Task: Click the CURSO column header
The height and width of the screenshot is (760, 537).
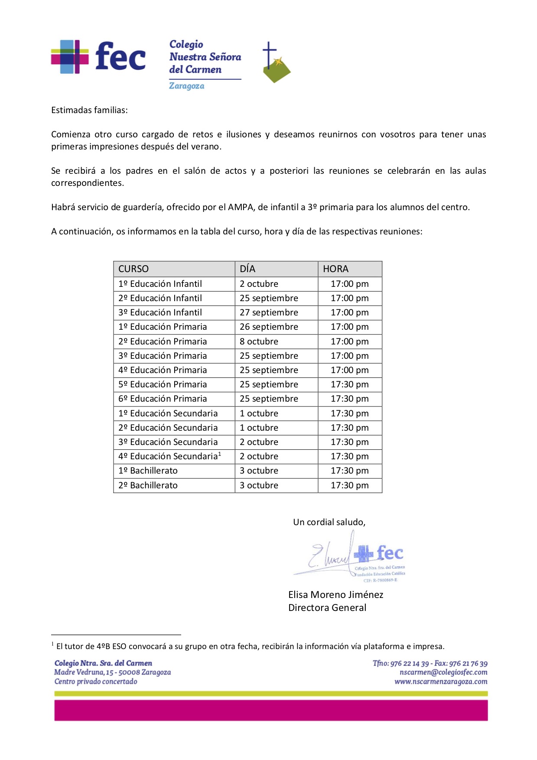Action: (133, 269)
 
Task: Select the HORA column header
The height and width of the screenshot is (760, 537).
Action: (335, 269)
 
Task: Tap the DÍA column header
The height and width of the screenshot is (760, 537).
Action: (247, 269)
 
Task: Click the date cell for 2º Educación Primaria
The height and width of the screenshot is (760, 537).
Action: (259, 341)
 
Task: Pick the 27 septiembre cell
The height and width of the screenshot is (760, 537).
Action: (269, 312)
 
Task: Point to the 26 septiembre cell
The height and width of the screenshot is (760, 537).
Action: (269, 327)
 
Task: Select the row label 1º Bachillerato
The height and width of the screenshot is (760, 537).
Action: (148, 471)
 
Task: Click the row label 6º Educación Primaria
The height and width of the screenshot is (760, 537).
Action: (163, 399)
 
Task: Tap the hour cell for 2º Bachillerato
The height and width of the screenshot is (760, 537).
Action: (349, 485)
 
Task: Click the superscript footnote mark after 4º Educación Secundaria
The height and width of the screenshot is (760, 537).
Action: (220, 454)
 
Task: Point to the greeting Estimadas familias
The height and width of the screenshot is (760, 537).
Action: (89, 110)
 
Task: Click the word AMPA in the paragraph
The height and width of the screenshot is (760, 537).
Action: (241, 207)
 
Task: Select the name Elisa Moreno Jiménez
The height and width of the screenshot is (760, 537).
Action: (335, 594)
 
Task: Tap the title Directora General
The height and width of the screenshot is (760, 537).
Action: (327, 607)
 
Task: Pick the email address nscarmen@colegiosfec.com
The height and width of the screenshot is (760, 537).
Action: (443, 672)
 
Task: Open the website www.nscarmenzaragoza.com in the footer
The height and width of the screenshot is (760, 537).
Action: (441, 682)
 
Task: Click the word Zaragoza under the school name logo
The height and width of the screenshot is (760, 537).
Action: (186, 86)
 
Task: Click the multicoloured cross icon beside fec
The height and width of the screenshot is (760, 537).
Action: (69, 57)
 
